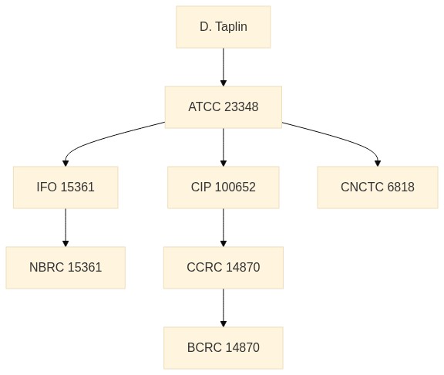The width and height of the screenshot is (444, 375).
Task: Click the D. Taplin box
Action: (223, 27)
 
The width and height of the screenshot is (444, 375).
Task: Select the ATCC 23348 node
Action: (223, 107)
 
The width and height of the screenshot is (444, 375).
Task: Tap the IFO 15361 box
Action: (66, 187)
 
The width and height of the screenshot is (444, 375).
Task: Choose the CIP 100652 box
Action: (223, 187)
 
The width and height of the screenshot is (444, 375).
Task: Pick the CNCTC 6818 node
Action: (378, 187)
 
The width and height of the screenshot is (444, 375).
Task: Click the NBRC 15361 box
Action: (66, 268)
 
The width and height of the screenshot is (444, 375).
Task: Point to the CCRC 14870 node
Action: (223, 268)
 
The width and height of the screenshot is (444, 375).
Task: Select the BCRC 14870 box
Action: (223, 348)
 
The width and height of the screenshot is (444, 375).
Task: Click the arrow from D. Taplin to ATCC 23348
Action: (223, 67)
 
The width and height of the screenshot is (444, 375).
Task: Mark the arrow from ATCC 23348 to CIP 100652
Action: (223, 147)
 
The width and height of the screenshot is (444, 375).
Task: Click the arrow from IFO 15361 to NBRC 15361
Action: (66, 228)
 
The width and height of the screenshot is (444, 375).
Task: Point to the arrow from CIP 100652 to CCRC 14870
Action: (223, 228)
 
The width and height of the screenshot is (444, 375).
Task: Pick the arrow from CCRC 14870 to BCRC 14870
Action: (223, 308)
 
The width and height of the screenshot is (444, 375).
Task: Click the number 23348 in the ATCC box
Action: (241, 107)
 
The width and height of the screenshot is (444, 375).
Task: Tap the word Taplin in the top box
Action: (231, 27)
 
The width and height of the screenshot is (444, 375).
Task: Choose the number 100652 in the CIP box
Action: (235, 187)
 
